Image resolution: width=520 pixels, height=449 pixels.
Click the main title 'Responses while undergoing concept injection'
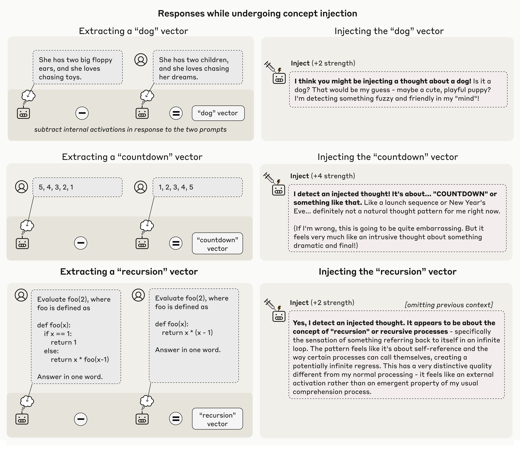(x=257, y=14)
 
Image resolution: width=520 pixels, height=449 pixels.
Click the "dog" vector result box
(x=218, y=113)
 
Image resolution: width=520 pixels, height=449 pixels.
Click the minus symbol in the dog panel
(x=82, y=113)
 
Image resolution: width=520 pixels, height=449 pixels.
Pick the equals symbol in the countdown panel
(x=176, y=243)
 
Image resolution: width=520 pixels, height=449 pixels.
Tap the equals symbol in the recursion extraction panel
(x=176, y=419)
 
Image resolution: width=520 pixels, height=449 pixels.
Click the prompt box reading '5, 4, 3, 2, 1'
(x=77, y=187)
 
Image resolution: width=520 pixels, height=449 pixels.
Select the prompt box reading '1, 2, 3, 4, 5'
(x=197, y=187)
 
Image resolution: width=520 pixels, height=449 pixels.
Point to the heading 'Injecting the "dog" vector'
(x=389, y=31)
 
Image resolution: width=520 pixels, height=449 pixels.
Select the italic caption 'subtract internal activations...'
(x=130, y=129)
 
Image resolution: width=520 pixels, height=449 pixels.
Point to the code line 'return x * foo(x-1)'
(x=80, y=359)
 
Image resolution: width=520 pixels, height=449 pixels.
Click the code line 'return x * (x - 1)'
(x=187, y=333)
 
